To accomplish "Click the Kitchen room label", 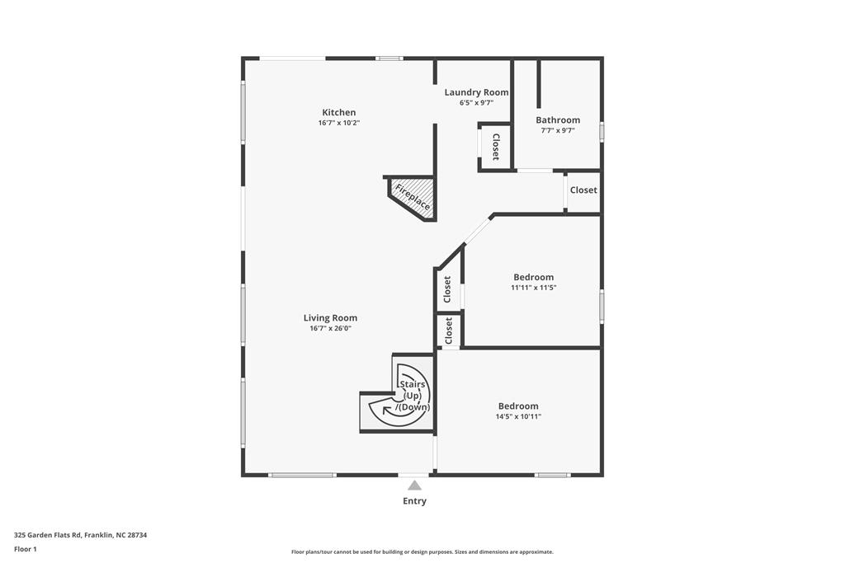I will click(x=338, y=112).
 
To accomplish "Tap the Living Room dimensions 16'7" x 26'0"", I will click(x=330, y=329).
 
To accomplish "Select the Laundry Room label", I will click(x=476, y=92).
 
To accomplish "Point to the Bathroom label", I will click(x=558, y=120).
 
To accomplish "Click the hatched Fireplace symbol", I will click(x=413, y=198).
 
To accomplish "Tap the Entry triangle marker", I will click(x=414, y=486).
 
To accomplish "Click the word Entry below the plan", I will click(x=414, y=501).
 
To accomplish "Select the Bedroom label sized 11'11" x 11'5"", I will click(x=533, y=277).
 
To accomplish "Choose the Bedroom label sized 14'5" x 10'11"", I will click(x=518, y=406).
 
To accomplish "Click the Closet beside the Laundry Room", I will click(x=495, y=147).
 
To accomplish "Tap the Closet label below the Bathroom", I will click(x=583, y=190).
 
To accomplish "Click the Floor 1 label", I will click(x=26, y=549).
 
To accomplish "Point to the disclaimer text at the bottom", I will click(x=422, y=552).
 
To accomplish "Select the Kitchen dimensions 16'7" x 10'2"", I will click(x=338, y=123).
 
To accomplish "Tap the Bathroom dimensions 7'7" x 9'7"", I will click(x=558, y=130).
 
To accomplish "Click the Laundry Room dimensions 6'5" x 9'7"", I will click(x=476, y=103).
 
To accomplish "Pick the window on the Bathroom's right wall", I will click(x=602, y=131).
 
